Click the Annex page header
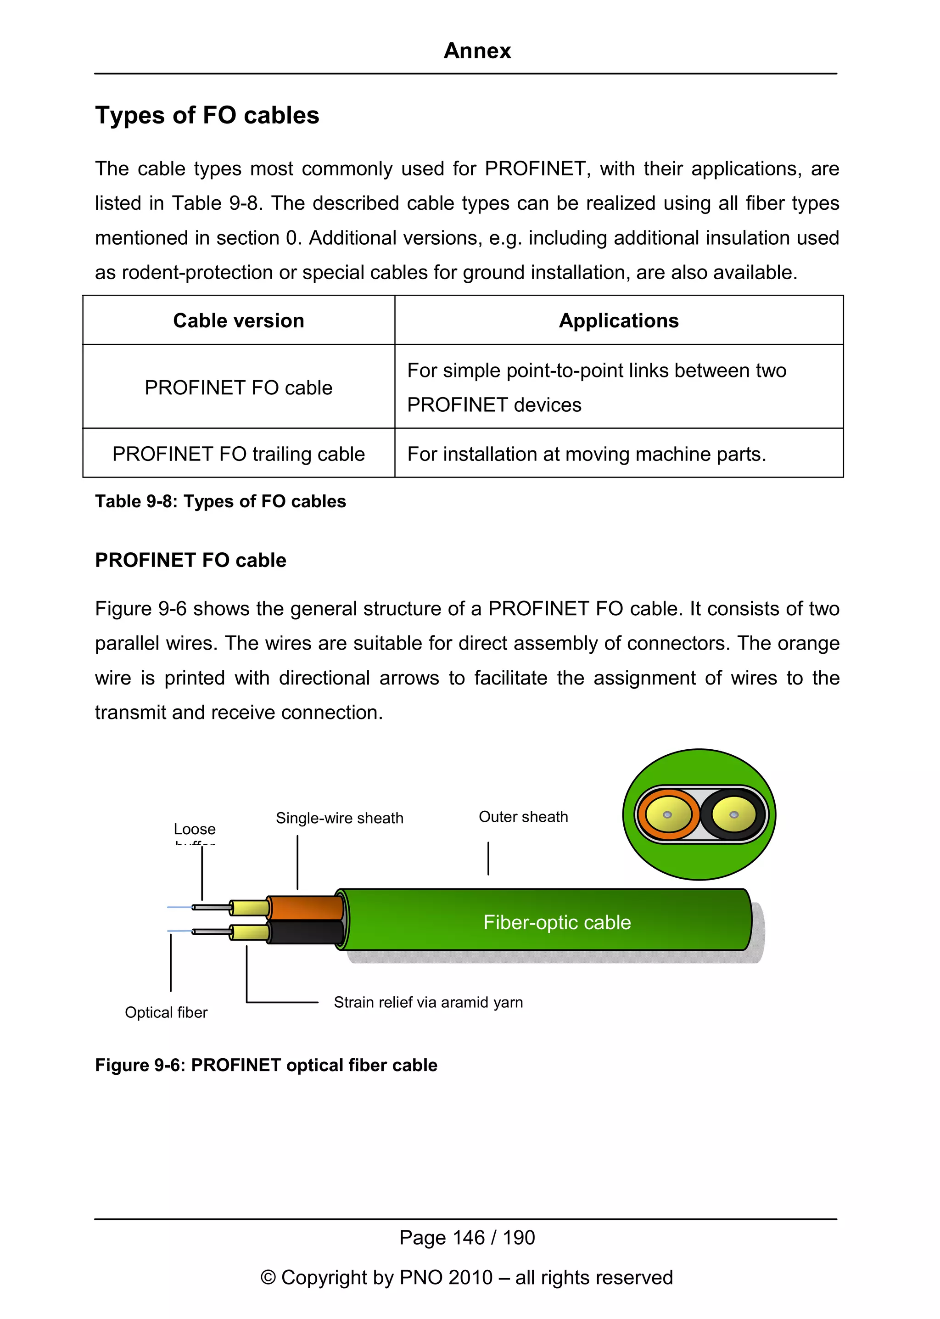pyautogui.click(x=477, y=51)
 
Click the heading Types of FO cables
pyautogui.click(x=207, y=115)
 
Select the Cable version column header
pyautogui.click(x=239, y=321)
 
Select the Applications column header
pyautogui.click(x=618, y=321)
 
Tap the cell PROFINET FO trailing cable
pyautogui.click(x=239, y=454)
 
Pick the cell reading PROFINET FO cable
pyautogui.click(x=239, y=387)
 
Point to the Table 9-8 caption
pyautogui.click(x=220, y=501)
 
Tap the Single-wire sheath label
pyautogui.click(x=339, y=818)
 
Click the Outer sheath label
pyautogui.click(x=523, y=817)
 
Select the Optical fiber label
pyautogui.click(x=166, y=1012)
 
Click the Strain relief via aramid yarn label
pyautogui.click(x=428, y=1002)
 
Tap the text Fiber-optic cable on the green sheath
pyautogui.click(x=557, y=922)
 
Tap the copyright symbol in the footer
pyautogui.click(x=268, y=1277)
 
